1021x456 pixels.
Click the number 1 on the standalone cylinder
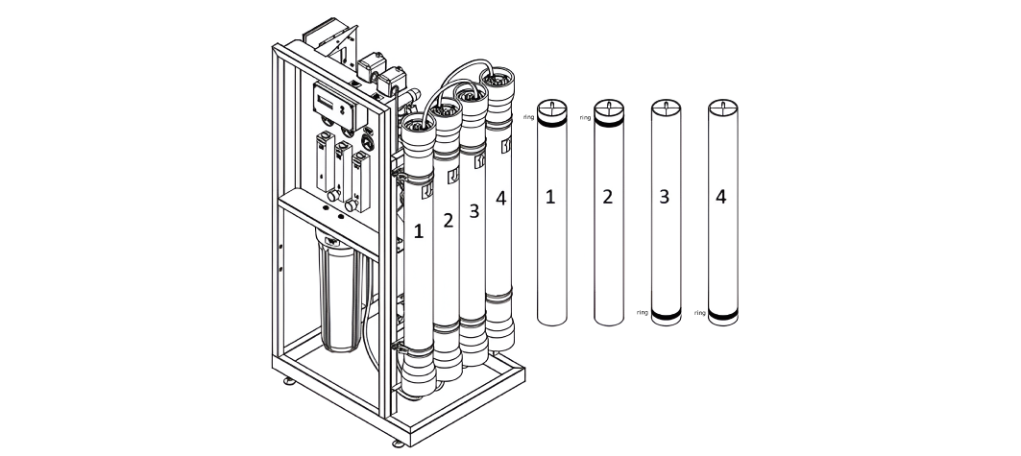tap(550, 198)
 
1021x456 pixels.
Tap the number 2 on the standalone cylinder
tap(606, 198)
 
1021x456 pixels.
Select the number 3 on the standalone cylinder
tap(664, 198)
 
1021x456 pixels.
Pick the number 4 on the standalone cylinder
tap(721, 198)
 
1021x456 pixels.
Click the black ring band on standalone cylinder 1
tap(550, 122)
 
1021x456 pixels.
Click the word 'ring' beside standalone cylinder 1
tap(528, 117)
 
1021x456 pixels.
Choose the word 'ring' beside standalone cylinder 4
tap(699, 313)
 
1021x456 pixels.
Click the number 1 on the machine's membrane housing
tap(418, 230)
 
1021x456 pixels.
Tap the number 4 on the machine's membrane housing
tap(500, 201)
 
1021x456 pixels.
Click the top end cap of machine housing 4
tap(498, 84)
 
